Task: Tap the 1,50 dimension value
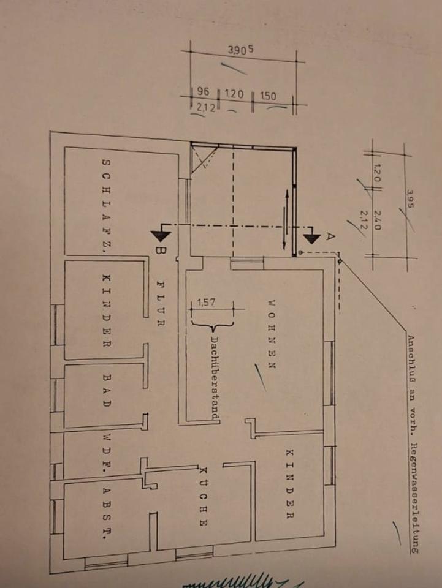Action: click(x=268, y=96)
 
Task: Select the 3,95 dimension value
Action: click(x=409, y=202)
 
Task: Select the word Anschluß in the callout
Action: click(x=411, y=358)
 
